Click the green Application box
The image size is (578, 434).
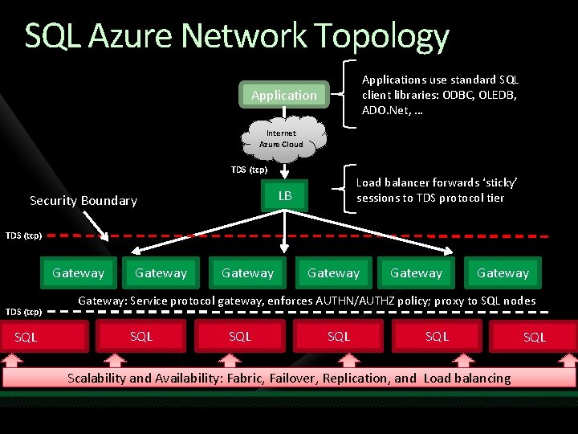coord(284,96)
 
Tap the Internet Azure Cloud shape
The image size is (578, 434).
coord(282,138)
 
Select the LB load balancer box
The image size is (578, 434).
coord(284,195)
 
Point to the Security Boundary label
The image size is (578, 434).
coord(83,201)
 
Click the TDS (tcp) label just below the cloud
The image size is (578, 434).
coord(249,170)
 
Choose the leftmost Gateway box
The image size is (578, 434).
coord(78,273)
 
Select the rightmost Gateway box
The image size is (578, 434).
coord(503,273)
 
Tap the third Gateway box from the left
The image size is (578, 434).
coord(247,273)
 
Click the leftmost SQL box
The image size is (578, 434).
coord(26,338)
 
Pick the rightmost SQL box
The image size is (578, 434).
coord(534,338)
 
